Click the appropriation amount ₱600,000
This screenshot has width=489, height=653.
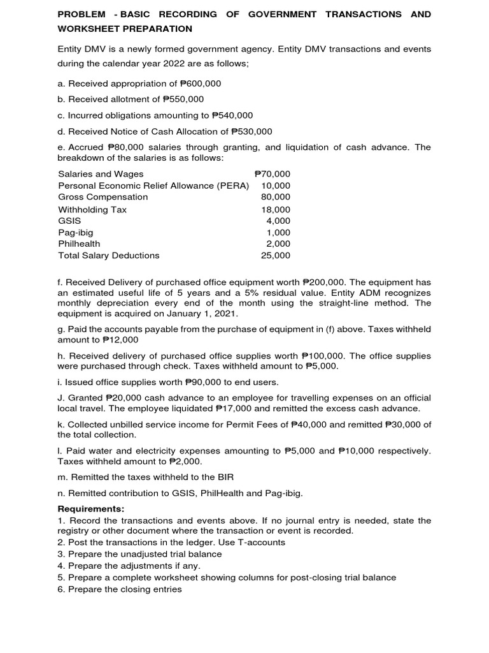[201, 84]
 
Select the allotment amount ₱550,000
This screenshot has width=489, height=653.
[183, 99]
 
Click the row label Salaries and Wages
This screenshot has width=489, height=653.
[101, 173]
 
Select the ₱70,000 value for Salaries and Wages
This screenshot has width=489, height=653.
[272, 173]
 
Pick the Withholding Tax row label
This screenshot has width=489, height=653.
[92, 209]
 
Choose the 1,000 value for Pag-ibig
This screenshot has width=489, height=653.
[278, 233]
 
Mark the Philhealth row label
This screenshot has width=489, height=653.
[79, 244]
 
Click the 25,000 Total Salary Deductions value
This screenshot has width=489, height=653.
[276, 255]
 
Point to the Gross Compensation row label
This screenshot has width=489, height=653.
[103, 197]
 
